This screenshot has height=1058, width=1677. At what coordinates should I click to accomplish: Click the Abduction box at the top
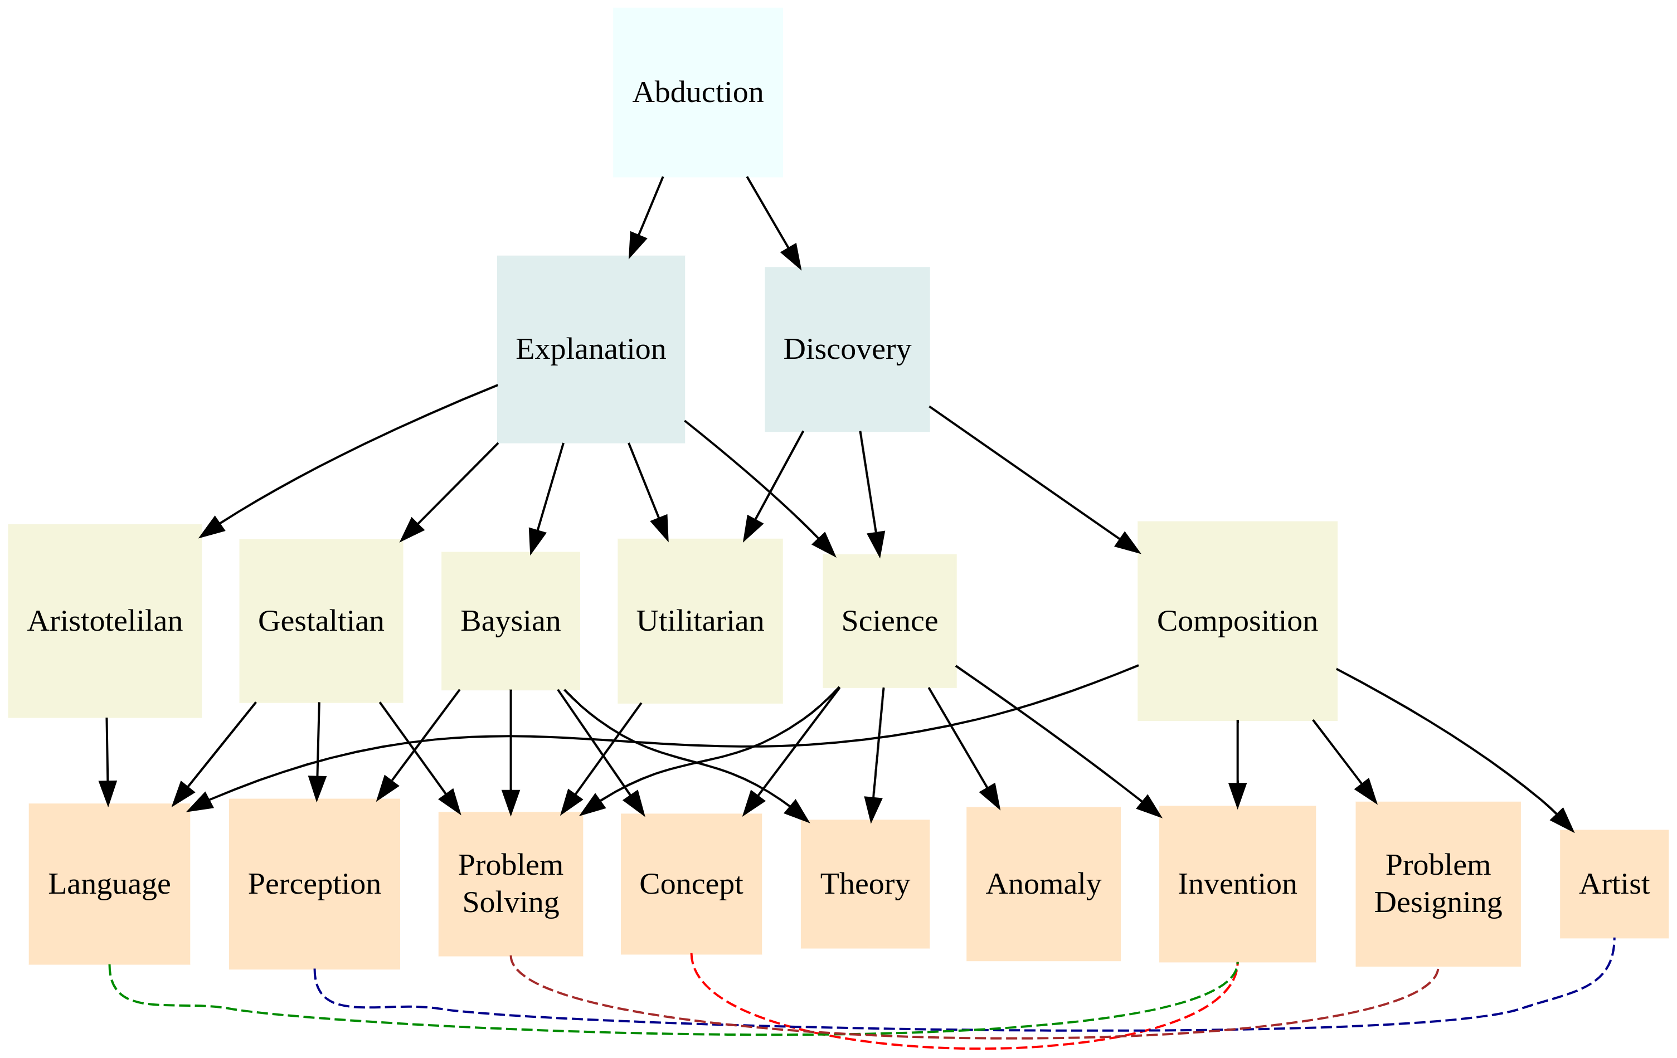click(x=697, y=92)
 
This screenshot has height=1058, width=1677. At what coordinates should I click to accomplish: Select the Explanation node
click(x=591, y=349)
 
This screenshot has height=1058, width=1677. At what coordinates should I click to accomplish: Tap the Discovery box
click(x=847, y=349)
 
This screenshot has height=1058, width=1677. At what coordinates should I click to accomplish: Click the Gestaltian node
click(x=320, y=620)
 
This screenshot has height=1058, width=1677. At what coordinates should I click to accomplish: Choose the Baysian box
click(x=511, y=620)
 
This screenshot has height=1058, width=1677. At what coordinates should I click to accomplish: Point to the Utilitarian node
click(x=700, y=620)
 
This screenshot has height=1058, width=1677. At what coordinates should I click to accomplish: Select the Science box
click(x=889, y=620)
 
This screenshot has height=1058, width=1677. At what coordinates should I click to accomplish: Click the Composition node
click(x=1237, y=620)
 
